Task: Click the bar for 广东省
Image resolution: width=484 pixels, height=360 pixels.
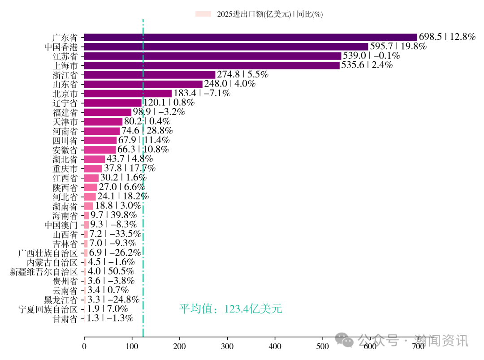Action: coord(250,37)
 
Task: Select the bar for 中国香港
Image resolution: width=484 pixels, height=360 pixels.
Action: coord(226,47)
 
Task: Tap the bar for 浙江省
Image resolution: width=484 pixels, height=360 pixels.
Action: coord(150,75)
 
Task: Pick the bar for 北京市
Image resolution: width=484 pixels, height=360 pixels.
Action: coord(128,94)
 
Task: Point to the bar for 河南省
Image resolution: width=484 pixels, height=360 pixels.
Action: coord(102,131)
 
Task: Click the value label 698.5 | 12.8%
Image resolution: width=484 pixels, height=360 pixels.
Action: coord(447,37)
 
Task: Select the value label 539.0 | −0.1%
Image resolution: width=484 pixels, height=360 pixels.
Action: coord(372,56)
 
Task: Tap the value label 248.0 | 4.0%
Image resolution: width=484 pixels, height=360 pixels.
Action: coord(230,84)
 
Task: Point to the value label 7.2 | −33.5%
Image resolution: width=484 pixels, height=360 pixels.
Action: coord(115,234)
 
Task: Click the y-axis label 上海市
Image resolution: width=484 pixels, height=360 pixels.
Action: coord(65,65)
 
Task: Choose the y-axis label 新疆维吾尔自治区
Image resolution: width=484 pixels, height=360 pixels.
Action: coord(44,271)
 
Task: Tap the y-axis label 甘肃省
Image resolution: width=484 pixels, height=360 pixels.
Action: coord(65,319)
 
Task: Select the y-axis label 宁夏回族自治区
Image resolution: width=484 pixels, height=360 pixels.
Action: coord(48,309)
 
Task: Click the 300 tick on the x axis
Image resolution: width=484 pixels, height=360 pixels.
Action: coord(227,346)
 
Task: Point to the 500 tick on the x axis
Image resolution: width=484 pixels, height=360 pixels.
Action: coord(323,346)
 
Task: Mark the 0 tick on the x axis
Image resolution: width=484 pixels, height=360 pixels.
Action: coord(84,346)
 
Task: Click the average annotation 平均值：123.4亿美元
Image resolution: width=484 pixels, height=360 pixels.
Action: coord(231,309)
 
